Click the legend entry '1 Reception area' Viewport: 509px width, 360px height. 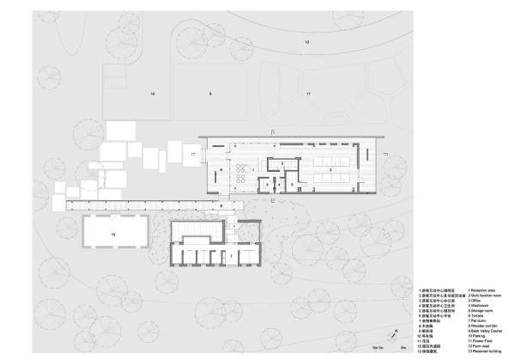(x=482, y=290)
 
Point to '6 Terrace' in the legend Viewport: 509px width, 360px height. (x=478, y=315)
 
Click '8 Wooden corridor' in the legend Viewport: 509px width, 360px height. (x=483, y=326)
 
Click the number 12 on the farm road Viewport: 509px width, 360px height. (x=304, y=41)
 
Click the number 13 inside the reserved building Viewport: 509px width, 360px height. (x=112, y=233)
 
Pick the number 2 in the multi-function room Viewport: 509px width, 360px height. (x=329, y=170)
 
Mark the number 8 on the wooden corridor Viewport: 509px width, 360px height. (x=221, y=206)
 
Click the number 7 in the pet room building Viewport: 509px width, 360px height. (x=229, y=256)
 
